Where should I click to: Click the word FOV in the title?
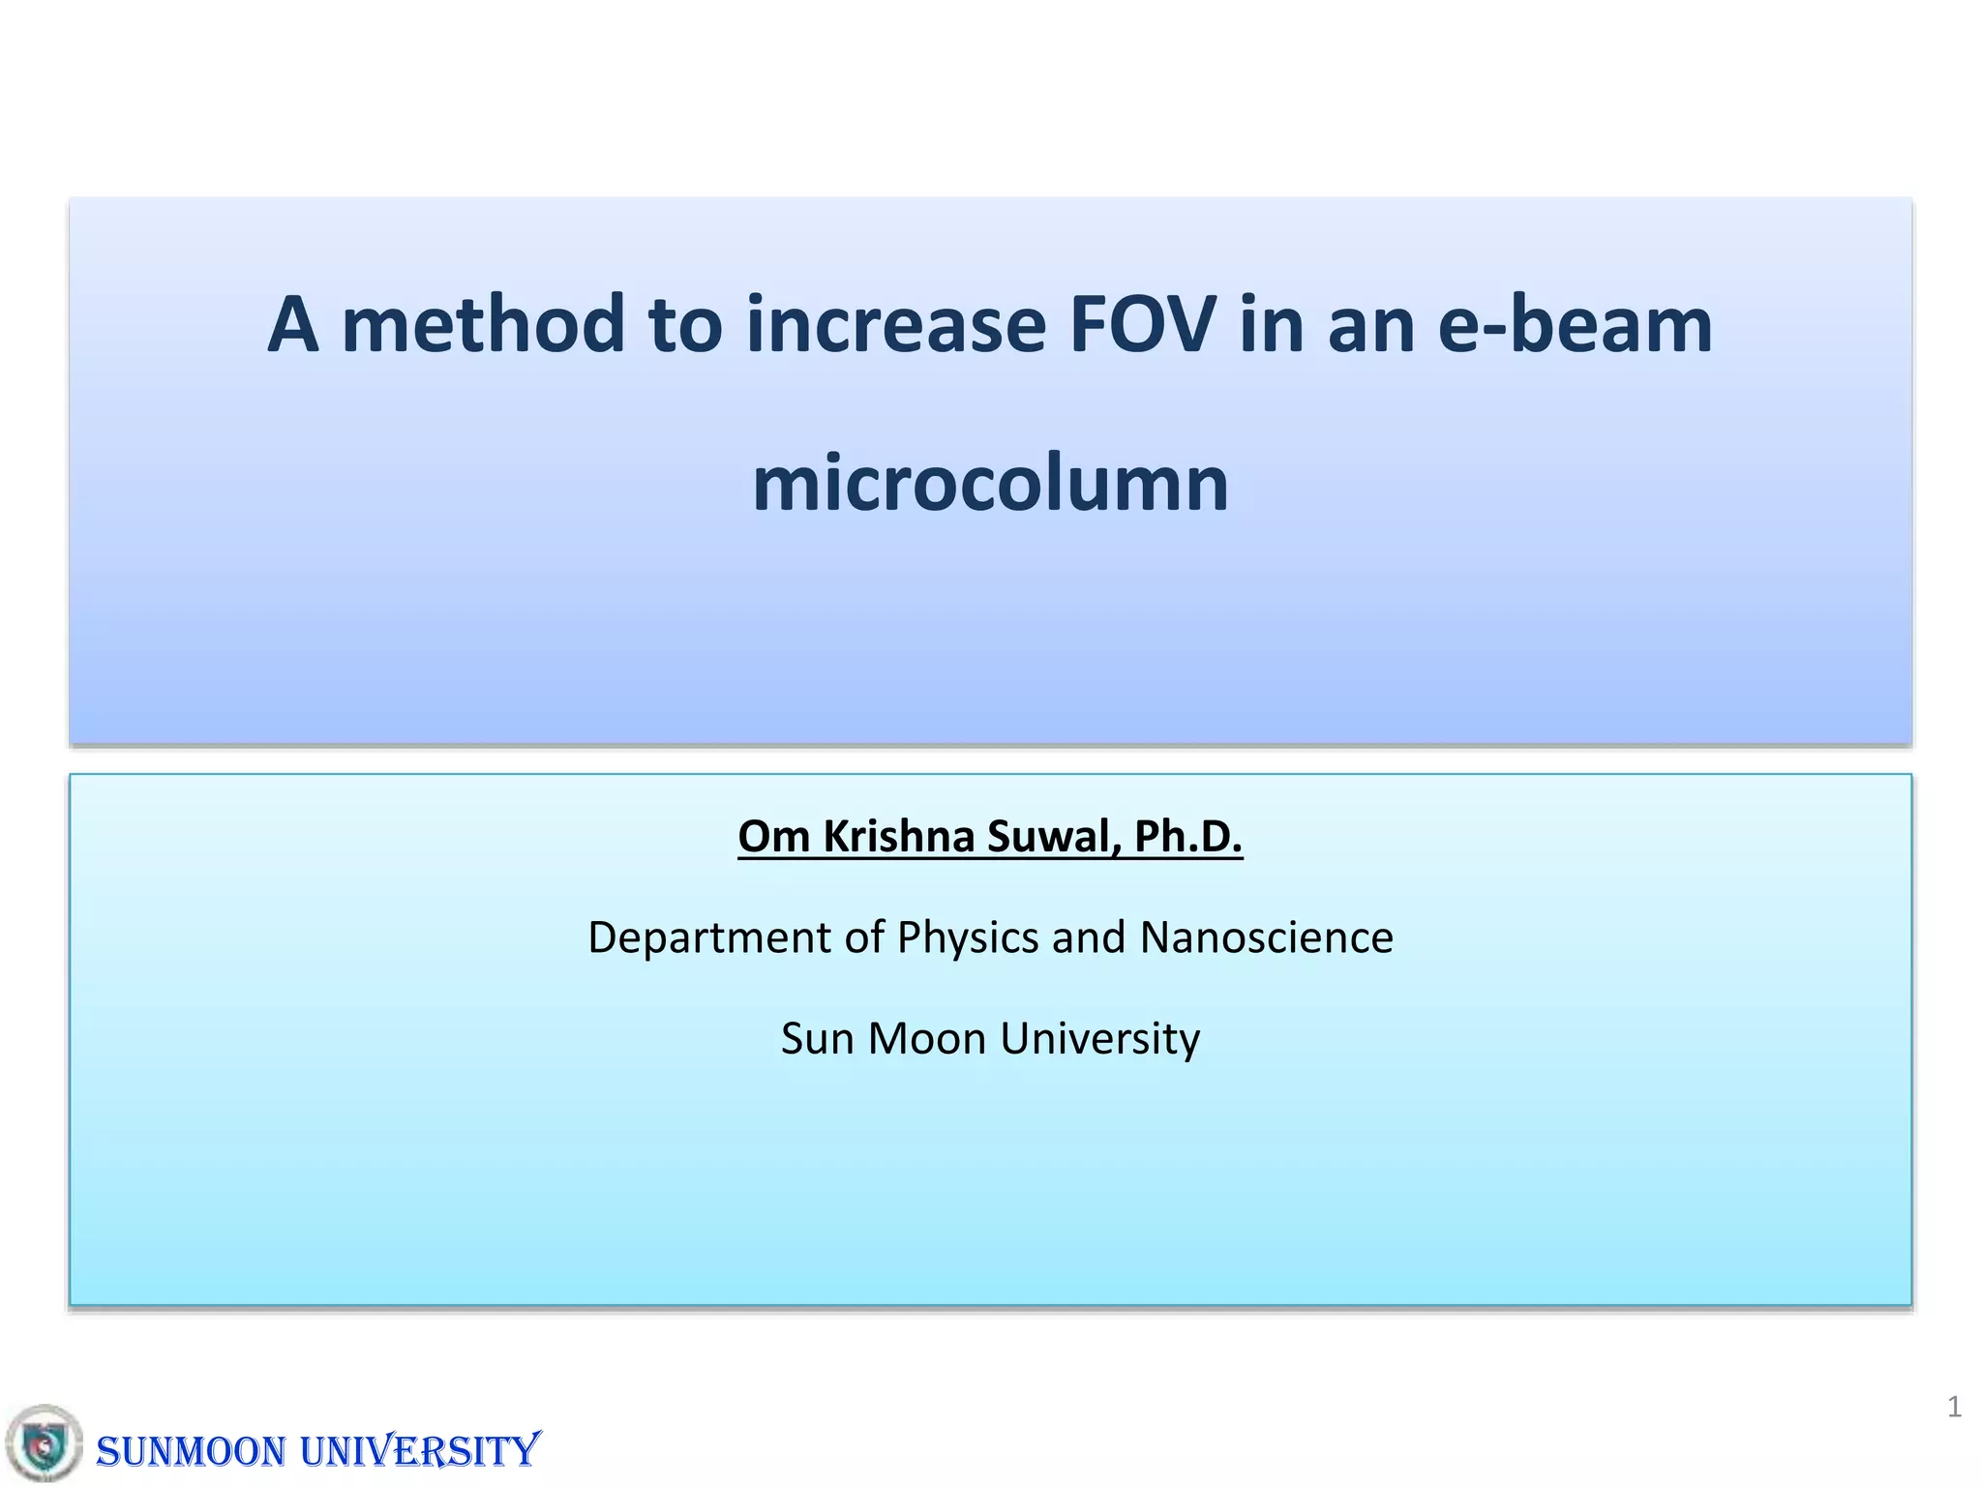click(x=1142, y=325)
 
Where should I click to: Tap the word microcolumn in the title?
click(x=990, y=484)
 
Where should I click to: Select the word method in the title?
click(x=483, y=325)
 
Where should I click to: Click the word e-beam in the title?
click(x=1575, y=325)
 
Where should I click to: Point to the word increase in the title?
click(x=895, y=325)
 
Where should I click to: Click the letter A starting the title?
click(x=293, y=325)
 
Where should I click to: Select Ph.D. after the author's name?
click(x=1187, y=837)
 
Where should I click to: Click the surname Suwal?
click(x=1053, y=837)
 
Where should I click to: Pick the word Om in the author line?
click(x=773, y=837)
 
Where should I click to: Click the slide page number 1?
click(x=1954, y=1407)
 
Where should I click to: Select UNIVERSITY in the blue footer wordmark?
click(x=419, y=1451)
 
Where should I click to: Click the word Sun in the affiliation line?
click(x=817, y=1039)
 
